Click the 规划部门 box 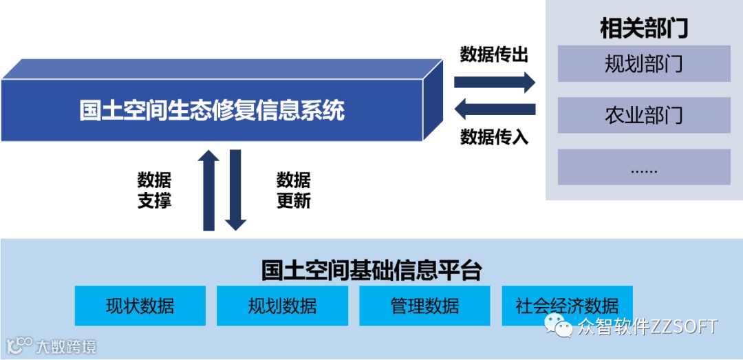[x=644, y=64]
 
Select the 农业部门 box [x=644, y=115]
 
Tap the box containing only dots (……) [x=644, y=167]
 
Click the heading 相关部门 [x=644, y=29]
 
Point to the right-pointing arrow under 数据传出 [x=494, y=83]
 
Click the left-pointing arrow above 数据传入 [x=495, y=109]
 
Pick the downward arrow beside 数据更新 [x=235, y=190]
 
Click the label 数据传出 [x=494, y=54]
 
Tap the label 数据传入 [x=494, y=137]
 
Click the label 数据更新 [x=294, y=191]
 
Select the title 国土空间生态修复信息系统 [x=212, y=110]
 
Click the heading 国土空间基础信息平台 [x=371, y=269]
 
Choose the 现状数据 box [x=140, y=306]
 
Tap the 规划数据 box [x=282, y=306]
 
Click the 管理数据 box [x=424, y=306]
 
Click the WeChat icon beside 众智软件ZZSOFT [x=559, y=326]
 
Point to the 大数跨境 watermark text [x=66, y=346]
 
